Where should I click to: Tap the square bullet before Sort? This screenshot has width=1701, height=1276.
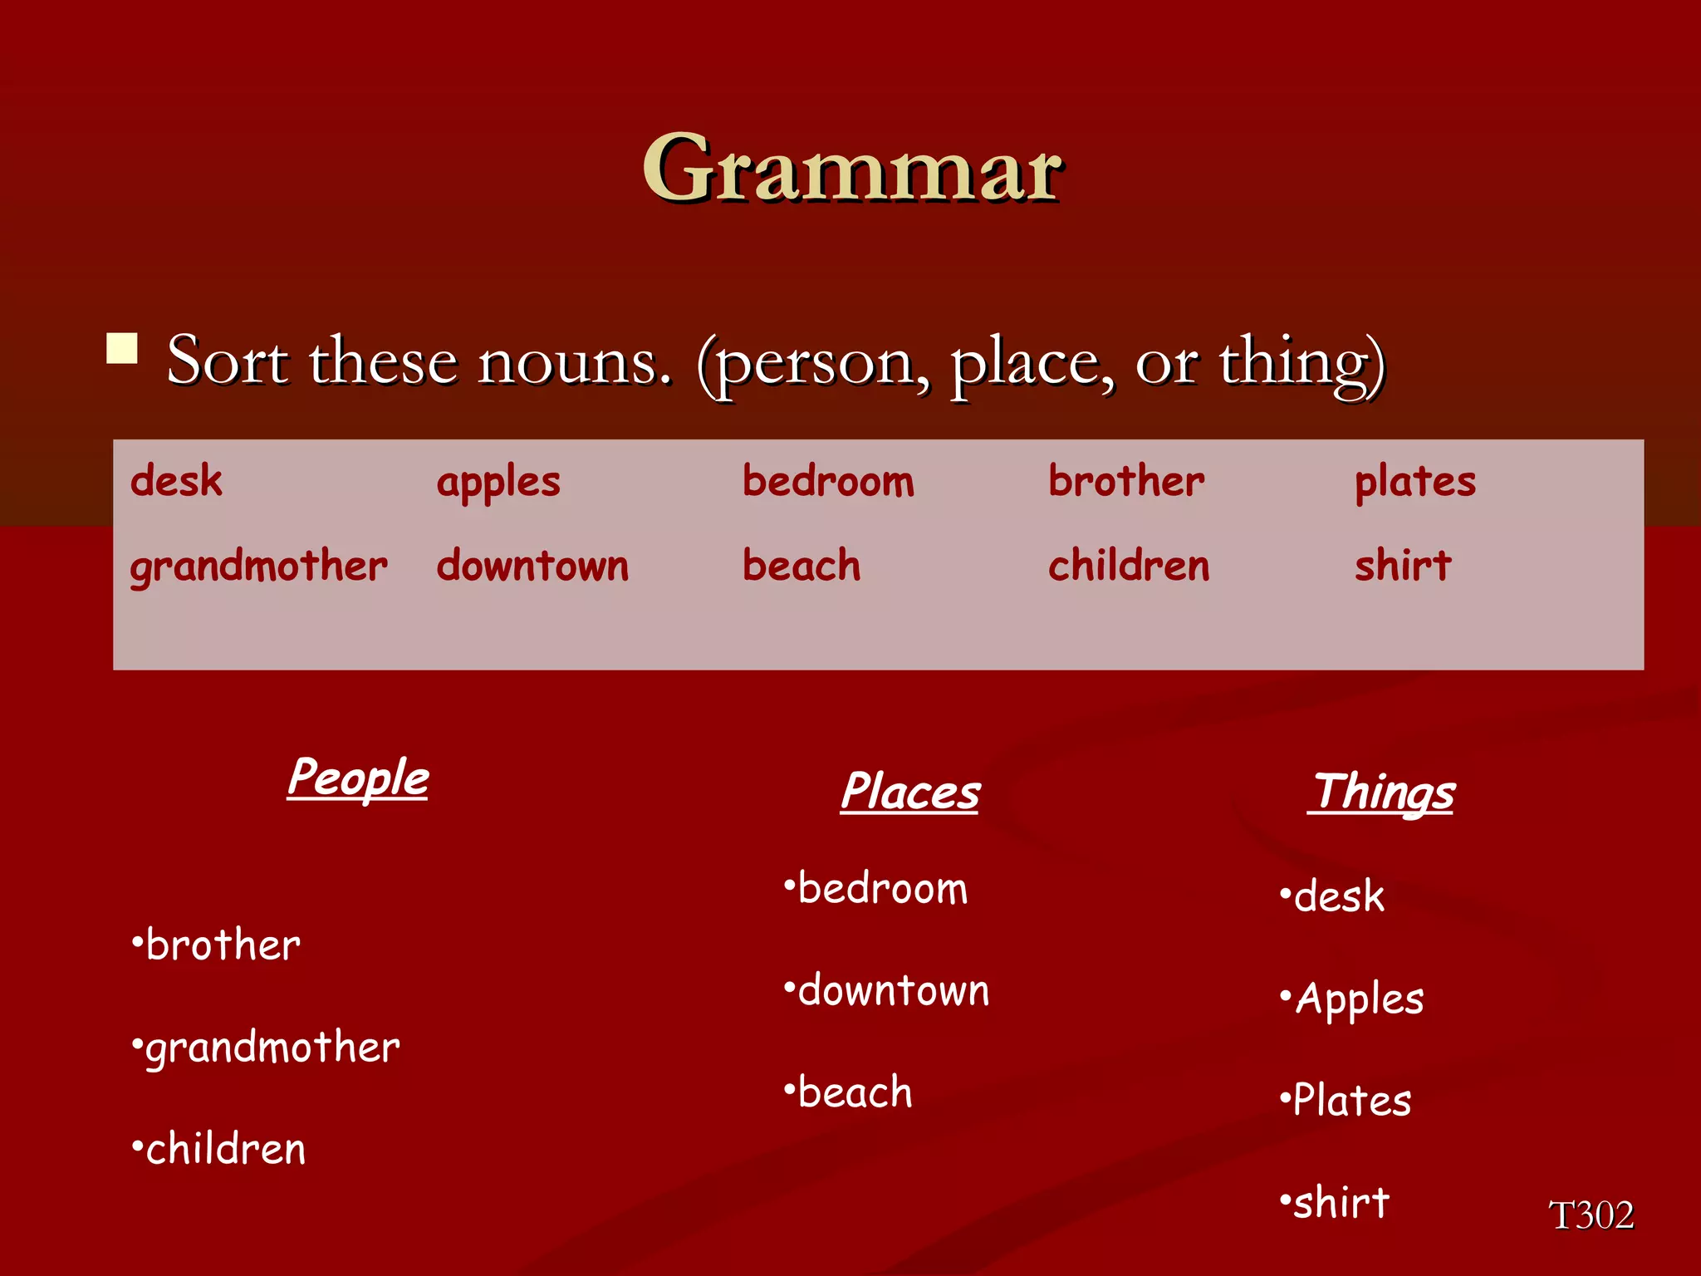(x=122, y=349)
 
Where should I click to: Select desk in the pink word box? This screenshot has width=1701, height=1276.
(x=176, y=481)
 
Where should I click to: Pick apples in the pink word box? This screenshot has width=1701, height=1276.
(x=498, y=483)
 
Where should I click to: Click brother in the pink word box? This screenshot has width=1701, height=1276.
(x=1125, y=481)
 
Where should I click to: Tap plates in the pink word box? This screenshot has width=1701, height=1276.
(x=1414, y=483)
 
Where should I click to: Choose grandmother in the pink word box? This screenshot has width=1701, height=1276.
(x=258, y=567)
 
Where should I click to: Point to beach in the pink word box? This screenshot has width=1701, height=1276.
(x=801, y=566)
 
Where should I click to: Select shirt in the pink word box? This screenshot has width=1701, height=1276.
(x=1402, y=566)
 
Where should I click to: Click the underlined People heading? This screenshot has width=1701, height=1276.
(x=358, y=779)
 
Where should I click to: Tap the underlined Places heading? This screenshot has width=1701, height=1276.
(x=910, y=792)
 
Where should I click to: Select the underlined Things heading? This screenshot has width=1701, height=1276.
(x=1382, y=793)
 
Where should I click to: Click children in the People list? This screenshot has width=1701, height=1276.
(x=225, y=1150)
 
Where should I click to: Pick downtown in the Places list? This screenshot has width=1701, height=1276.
(x=893, y=991)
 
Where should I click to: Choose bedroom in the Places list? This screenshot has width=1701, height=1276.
(x=882, y=889)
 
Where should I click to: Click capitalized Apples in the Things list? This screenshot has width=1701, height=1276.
(x=1359, y=999)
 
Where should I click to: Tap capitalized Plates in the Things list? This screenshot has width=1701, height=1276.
(x=1351, y=1101)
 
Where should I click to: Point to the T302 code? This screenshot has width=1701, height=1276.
(x=1591, y=1215)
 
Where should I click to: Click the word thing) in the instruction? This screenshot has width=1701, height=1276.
(x=1301, y=363)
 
